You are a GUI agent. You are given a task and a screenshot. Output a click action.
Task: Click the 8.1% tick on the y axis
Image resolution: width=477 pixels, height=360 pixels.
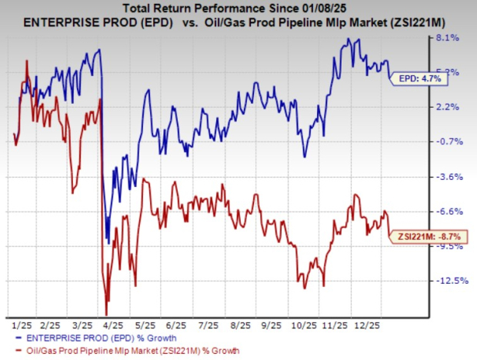coord(449,38)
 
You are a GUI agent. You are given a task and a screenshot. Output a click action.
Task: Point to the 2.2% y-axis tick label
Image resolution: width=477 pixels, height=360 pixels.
coord(449,107)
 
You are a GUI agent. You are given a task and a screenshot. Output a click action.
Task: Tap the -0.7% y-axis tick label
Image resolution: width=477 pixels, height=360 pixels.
coord(449,142)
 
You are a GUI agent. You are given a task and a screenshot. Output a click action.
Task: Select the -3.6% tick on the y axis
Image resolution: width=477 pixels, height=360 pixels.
coord(449,177)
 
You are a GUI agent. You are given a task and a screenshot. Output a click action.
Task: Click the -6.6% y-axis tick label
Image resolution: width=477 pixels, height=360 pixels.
coord(449,212)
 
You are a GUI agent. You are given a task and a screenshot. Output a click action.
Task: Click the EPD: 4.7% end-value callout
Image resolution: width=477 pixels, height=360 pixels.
coord(419,78)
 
